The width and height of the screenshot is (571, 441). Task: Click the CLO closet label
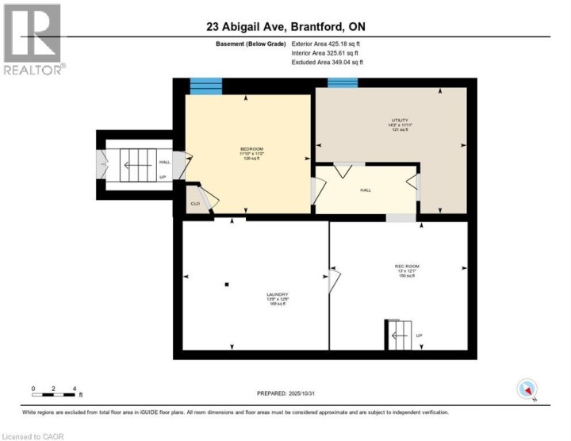(x=194, y=204)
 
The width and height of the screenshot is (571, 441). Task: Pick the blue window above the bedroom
(x=205, y=86)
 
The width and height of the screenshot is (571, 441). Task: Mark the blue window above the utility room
(x=343, y=82)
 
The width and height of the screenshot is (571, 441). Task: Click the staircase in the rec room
(x=399, y=335)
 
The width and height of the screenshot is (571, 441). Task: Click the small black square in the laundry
(x=226, y=283)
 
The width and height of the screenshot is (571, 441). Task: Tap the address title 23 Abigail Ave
(x=285, y=26)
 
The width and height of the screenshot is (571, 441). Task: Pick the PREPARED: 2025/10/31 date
(x=285, y=393)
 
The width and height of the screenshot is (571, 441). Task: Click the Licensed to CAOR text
(x=34, y=435)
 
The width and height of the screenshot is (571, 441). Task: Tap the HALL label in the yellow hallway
(x=366, y=190)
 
